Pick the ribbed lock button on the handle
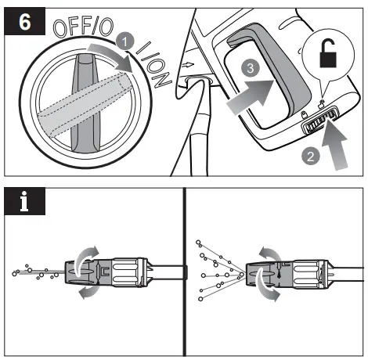(x=319, y=123)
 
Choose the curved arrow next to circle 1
(x=110, y=57)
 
